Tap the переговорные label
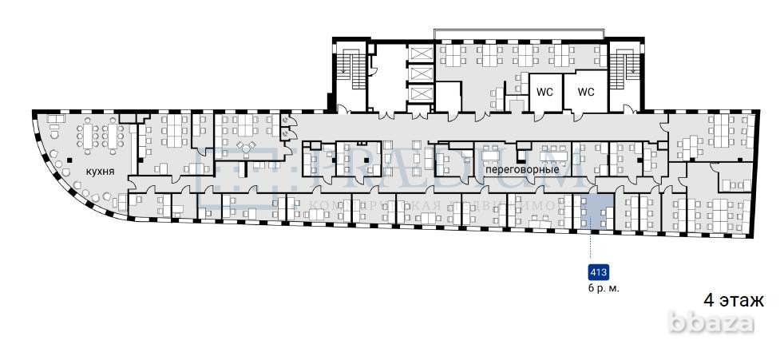coord(520,171)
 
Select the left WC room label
coord(544,92)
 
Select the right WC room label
coord(587,92)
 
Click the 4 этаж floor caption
coord(733,300)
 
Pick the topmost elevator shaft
coord(419,54)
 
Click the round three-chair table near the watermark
coord(245,148)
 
